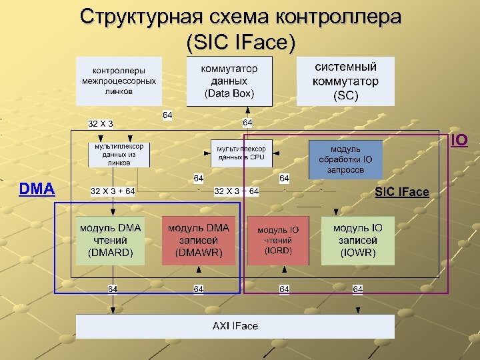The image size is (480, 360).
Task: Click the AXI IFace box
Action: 235,326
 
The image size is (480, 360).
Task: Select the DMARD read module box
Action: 110,240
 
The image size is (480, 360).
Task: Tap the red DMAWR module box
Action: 198,240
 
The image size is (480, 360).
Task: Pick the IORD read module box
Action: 278,241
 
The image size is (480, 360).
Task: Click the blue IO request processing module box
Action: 345,159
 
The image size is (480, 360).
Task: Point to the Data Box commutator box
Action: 229,81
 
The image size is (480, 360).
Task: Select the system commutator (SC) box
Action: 345,81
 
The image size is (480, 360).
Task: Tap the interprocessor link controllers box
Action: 119,81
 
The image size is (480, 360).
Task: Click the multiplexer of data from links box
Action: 119,155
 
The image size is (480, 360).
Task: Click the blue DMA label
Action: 37,189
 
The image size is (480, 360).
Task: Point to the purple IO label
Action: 459,140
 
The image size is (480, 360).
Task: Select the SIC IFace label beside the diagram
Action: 402,192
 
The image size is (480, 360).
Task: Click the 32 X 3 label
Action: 101,123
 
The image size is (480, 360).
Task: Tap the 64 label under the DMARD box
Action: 113,289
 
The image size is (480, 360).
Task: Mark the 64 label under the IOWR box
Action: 357,289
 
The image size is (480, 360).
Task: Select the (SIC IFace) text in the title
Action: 241,42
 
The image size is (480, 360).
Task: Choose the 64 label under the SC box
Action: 247,123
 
